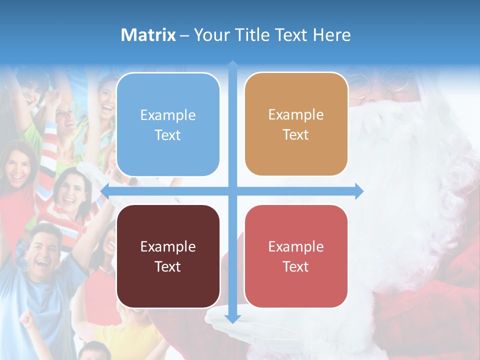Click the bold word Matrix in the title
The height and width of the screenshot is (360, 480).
148,35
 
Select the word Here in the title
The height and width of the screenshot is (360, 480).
331,35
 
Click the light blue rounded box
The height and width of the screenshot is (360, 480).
168,124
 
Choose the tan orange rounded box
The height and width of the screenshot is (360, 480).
296,124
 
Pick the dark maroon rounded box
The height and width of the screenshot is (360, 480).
168,256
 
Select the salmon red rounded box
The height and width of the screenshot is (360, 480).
296,256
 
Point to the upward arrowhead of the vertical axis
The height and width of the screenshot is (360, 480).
232,64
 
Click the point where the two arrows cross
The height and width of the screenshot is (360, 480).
232,191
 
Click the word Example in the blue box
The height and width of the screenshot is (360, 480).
168,115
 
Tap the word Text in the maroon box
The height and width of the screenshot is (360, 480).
168,266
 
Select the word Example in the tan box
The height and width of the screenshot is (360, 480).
296,114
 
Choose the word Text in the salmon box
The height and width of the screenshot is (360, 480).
296,266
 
